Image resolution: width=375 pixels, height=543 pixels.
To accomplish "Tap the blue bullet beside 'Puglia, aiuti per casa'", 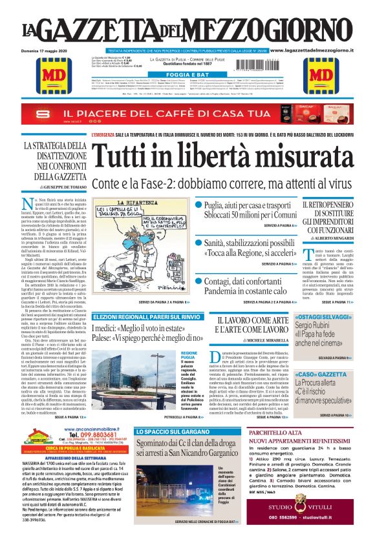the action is [200, 205].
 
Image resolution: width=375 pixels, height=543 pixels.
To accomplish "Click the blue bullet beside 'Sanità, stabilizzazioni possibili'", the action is [200, 241].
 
